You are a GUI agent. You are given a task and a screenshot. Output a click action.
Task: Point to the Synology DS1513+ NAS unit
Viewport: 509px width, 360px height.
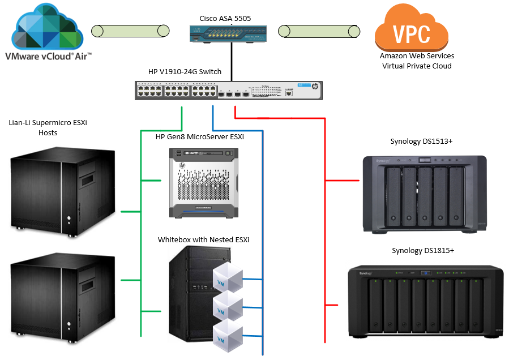coord(424,194)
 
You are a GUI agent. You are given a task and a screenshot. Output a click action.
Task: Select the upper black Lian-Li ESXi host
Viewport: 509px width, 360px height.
coord(63,190)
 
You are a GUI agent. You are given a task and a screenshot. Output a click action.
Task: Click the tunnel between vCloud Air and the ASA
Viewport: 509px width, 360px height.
coord(130,31)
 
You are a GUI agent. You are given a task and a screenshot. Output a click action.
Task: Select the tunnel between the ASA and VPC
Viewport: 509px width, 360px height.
coord(320,31)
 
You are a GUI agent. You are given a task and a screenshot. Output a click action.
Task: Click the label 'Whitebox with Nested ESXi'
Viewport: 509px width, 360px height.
coord(203,239)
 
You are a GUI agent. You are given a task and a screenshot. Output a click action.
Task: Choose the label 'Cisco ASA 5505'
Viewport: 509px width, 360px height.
coord(225,19)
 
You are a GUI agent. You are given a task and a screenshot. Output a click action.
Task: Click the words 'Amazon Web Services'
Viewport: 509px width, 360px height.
coord(417,56)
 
